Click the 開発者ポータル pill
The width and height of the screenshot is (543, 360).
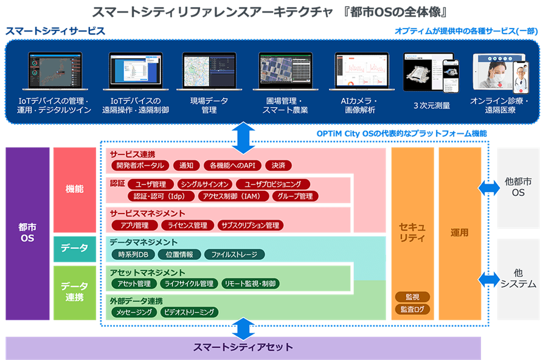139,165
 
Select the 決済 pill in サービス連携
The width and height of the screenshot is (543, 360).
279,165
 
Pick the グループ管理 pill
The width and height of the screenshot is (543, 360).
294,196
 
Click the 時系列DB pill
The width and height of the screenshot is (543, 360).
133,254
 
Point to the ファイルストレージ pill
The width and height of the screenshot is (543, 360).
234,254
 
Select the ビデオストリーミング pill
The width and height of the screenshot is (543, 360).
190,312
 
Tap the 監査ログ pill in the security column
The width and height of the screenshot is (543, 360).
413,309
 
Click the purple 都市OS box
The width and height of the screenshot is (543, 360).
26,233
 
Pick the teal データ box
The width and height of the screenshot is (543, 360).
74,247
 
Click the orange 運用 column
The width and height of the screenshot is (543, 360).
459,233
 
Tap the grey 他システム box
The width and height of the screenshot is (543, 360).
519,279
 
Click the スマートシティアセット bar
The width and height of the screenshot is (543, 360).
243,348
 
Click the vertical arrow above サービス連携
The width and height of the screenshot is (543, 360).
243,137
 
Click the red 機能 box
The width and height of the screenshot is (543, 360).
74,189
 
